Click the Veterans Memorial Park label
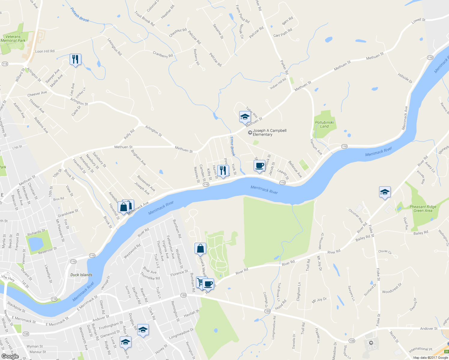pyautogui.click(x=13, y=39)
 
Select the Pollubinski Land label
pyautogui.click(x=324, y=124)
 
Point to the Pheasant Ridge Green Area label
pyautogui.click(x=423, y=209)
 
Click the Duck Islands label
pyautogui.click(x=81, y=275)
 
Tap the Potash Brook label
pyautogui.click(x=80, y=15)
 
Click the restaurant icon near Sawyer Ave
pyautogui.click(x=75, y=59)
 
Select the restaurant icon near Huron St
pyautogui.click(x=223, y=171)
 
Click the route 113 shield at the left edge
pyautogui.click(x=5, y=64)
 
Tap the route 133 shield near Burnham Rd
pyautogui.click(x=183, y=295)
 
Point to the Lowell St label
pyautogui.click(x=418, y=20)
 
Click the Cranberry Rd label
pyautogui.click(x=163, y=55)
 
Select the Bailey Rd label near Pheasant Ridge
pyautogui.click(x=420, y=233)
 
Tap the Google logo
pyautogui.click(x=10, y=356)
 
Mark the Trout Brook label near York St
pyautogui.click(x=232, y=146)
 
